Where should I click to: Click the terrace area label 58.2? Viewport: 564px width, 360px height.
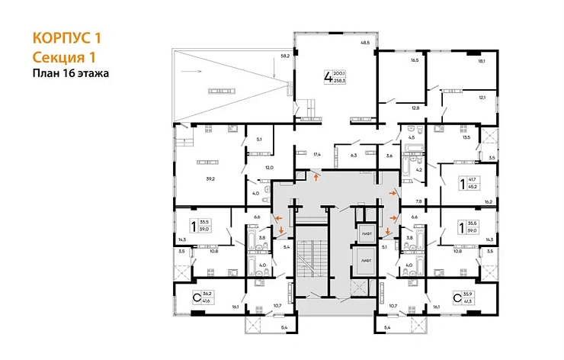coord(284,56)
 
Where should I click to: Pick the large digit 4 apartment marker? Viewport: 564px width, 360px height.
coord(328,77)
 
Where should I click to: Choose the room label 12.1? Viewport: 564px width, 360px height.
coord(482,97)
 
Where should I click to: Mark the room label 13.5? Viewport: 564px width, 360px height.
coord(466,138)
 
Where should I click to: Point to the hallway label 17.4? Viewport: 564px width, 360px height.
coord(316,155)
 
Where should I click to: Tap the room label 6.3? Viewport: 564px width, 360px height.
coord(353,155)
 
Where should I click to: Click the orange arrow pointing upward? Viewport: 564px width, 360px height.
coord(316,177)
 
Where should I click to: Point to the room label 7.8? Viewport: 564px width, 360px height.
coord(418,201)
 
